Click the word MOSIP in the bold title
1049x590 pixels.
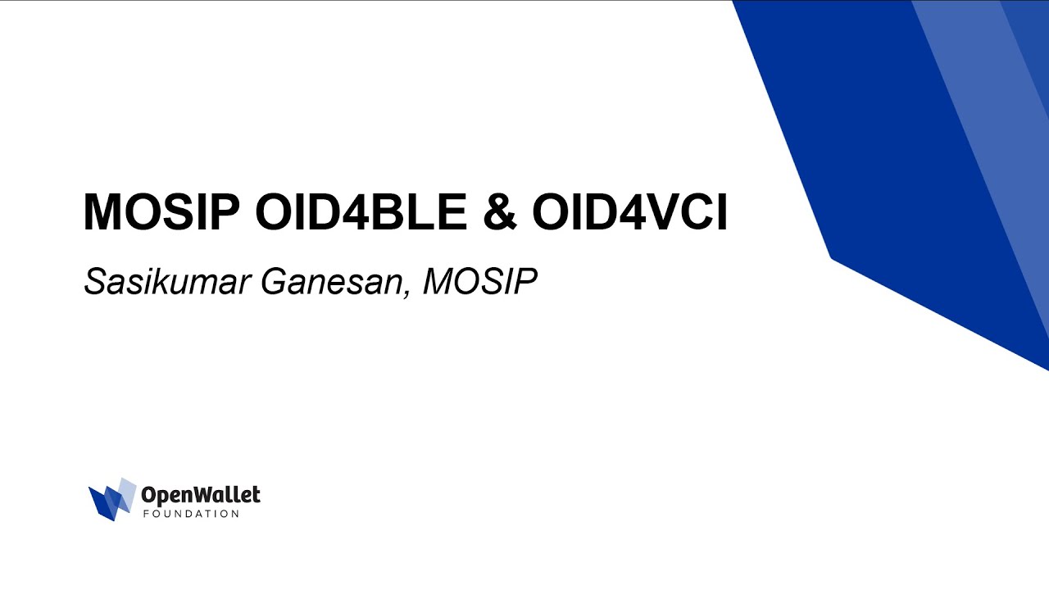click(161, 212)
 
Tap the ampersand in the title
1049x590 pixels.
click(500, 213)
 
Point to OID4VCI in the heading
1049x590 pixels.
click(629, 212)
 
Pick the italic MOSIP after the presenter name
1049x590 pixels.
click(480, 283)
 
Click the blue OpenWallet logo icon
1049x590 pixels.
click(111, 499)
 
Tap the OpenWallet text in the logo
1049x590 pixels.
click(201, 495)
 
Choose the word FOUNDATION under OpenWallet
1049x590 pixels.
click(191, 514)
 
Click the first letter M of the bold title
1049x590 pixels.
click(102, 212)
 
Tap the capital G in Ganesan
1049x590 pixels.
click(274, 283)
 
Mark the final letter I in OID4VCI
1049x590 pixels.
click(720, 212)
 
